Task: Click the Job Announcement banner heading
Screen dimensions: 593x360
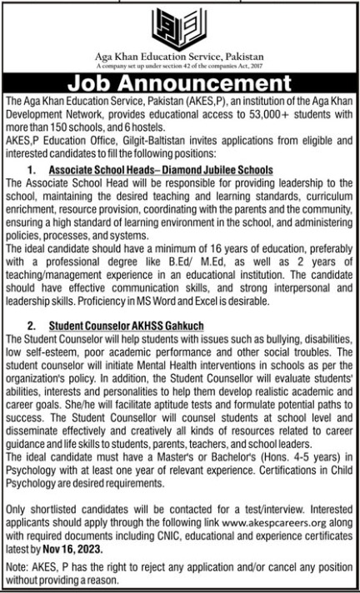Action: pos(179,85)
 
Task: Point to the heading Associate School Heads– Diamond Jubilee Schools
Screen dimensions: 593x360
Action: pos(160,169)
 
